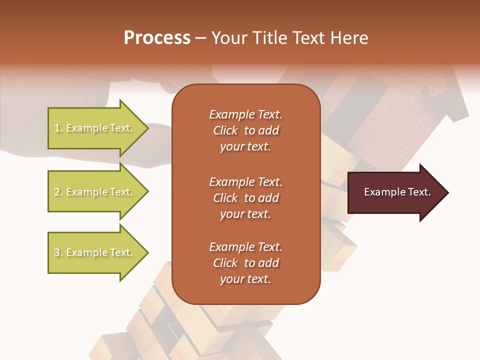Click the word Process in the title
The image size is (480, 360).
pos(157,38)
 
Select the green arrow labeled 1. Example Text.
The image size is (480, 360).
pos(95,128)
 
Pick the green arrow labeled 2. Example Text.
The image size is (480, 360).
pos(95,192)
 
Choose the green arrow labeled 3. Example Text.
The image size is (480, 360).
pos(95,252)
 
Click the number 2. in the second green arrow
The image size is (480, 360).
pos(58,192)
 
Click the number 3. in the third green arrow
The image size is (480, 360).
pos(58,252)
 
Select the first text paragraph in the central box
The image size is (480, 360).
pos(245,130)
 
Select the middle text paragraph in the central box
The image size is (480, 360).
pos(245,198)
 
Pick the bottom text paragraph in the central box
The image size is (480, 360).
pos(245,263)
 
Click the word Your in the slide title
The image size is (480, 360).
pos(227,38)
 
